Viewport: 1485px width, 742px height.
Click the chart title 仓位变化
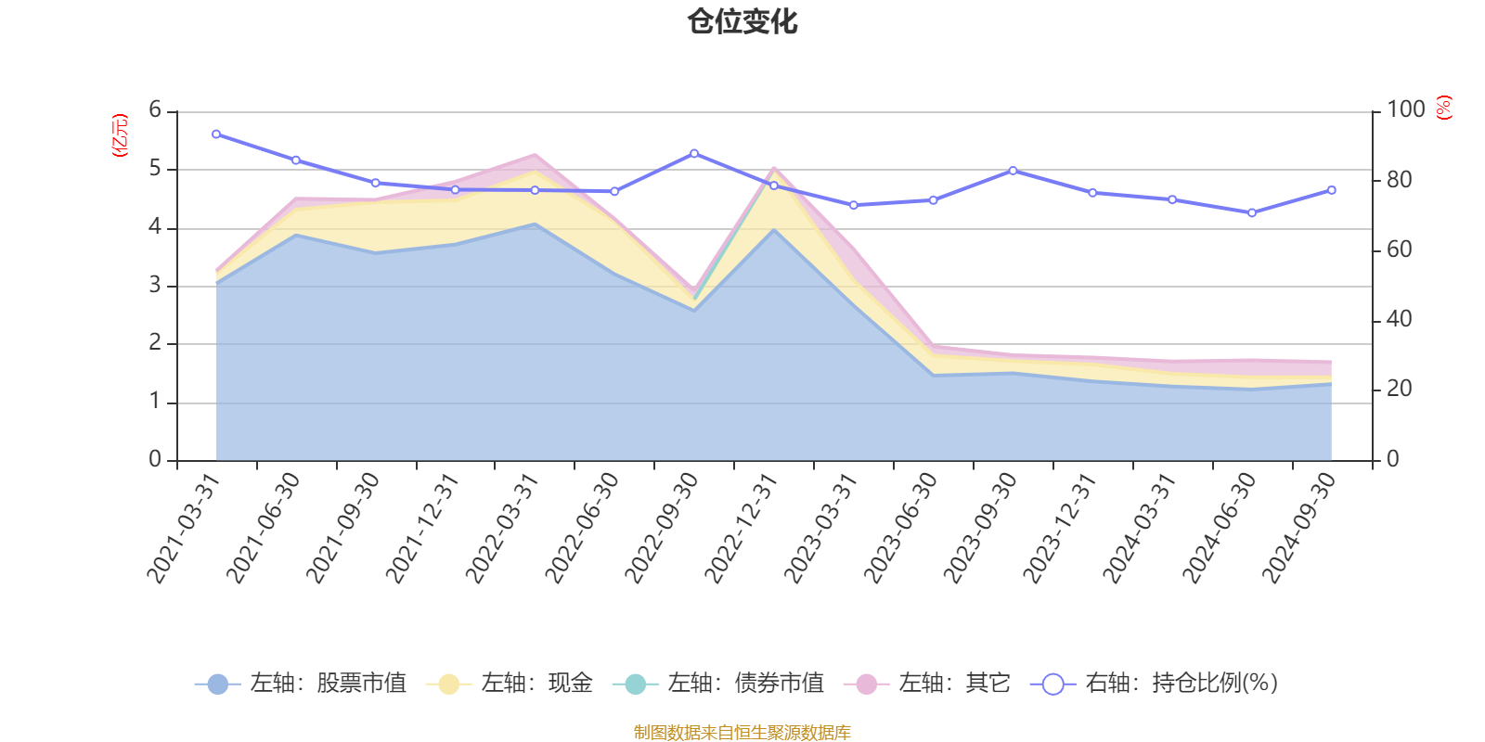(x=742, y=21)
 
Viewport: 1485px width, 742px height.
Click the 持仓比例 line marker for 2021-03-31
(x=216, y=134)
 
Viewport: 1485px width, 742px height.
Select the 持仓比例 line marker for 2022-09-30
(x=694, y=153)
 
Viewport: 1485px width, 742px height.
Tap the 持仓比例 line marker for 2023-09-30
(x=1013, y=171)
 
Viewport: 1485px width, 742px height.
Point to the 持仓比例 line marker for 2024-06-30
(x=1252, y=212)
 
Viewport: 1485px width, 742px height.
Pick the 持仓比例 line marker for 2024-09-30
(x=1332, y=190)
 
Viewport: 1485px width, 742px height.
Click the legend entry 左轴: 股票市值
(x=301, y=684)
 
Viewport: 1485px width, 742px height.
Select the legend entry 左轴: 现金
(x=510, y=684)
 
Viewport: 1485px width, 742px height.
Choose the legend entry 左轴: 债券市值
(x=718, y=684)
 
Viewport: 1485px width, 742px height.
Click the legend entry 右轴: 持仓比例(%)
(x=1155, y=684)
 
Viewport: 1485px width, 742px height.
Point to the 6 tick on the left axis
(x=155, y=110)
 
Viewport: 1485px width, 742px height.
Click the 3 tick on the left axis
(x=155, y=286)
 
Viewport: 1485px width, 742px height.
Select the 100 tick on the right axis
(x=1405, y=110)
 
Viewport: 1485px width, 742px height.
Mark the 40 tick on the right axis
(x=1399, y=320)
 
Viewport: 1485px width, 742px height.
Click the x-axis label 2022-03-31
(x=501, y=529)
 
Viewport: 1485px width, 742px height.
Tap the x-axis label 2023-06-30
(x=900, y=529)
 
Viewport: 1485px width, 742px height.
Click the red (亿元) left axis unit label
(x=120, y=135)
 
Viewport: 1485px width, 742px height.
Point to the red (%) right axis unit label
(x=1444, y=108)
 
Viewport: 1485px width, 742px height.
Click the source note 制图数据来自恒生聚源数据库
(x=742, y=733)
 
